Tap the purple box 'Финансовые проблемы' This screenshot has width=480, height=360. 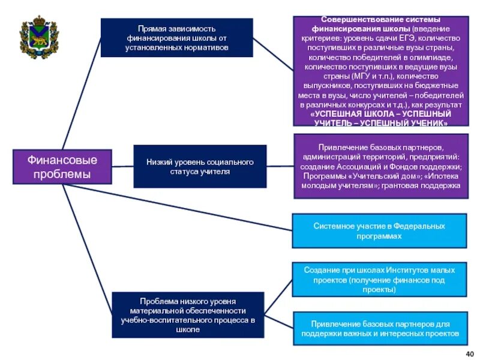click(62, 167)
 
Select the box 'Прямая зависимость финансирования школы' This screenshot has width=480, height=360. click(176, 37)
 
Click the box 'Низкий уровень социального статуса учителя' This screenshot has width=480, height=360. click(200, 166)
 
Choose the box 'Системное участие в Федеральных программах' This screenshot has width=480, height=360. click(379, 231)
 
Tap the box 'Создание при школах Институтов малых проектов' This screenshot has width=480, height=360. click(379, 280)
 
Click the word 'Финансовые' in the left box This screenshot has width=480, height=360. click(62, 160)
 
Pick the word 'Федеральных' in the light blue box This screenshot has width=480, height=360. click(419, 226)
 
